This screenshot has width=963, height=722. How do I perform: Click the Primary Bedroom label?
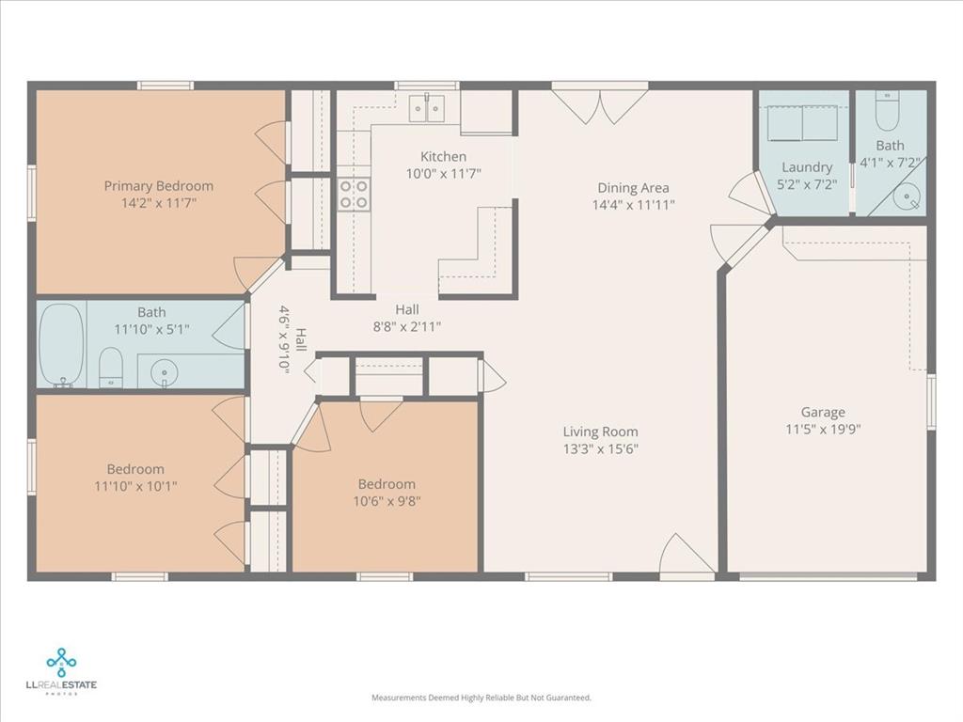(158, 186)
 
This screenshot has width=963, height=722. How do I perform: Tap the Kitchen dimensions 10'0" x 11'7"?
(443, 173)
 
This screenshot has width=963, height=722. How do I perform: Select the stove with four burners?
(354, 195)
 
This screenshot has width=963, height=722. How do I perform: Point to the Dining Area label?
(633, 188)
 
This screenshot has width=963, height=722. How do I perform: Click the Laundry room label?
(807, 167)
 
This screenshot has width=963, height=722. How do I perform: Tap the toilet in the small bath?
(887, 115)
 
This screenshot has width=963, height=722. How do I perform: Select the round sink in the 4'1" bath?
(908, 198)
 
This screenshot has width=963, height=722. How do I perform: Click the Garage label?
(823, 412)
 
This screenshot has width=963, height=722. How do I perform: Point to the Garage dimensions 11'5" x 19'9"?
(824, 430)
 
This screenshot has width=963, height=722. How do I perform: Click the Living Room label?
(601, 432)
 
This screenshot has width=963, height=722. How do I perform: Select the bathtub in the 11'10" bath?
(61, 344)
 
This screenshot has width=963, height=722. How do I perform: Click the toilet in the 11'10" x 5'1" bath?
(111, 367)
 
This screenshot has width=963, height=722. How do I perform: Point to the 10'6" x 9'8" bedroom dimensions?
(387, 501)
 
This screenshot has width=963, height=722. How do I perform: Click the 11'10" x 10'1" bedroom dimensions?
(135, 486)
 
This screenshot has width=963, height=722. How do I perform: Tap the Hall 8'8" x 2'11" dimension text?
(407, 326)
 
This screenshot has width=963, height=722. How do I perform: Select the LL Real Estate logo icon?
(62, 662)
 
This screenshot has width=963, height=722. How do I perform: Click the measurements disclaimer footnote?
(481, 698)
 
